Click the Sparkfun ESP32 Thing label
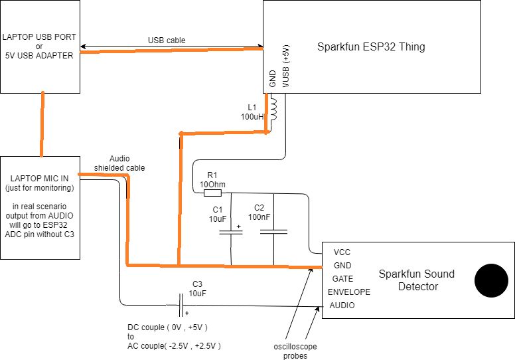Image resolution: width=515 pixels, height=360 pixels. [x=371, y=47]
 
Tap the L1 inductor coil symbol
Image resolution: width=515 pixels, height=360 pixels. [x=273, y=109]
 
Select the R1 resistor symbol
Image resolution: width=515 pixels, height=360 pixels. [x=212, y=193]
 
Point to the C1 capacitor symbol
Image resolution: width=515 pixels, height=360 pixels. [x=230, y=231]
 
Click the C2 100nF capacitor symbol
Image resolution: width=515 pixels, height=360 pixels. [x=274, y=231]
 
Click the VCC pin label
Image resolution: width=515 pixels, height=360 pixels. [x=342, y=252]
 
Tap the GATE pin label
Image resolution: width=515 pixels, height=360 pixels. [x=342, y=278]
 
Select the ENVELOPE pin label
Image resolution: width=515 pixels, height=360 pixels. [x=349, y=292]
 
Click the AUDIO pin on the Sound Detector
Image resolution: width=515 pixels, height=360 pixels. [x=342, y=306]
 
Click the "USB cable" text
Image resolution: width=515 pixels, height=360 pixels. [x=167, y=41]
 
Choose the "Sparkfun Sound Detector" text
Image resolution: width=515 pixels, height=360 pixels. [x=409, y=280]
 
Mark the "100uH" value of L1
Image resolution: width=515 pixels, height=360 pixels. [x=252, y=116]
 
